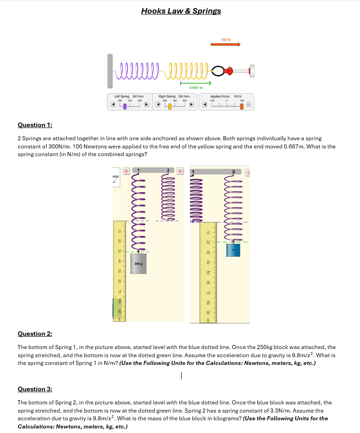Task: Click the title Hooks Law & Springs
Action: (x=181, y=11)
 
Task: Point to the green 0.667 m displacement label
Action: (x=196, y=87)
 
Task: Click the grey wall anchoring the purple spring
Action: (x=110, y=71)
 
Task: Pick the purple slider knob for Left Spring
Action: (x=124, y=106)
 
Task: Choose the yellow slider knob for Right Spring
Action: (x=170, y=106)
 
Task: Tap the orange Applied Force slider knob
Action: (x=242, y=106)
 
